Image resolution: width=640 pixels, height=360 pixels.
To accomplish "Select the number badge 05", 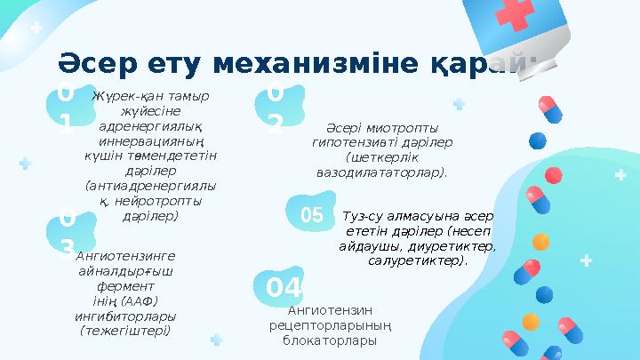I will pyautogui.click(x=311, y=215).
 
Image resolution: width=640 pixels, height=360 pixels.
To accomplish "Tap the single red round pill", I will pyautogui.click(x=535, y=140).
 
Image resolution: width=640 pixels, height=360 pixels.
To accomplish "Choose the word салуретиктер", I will pyautogui.click(x=416, y=261).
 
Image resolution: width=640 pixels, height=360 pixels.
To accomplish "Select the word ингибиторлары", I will pyautogui.click(x=125, y=316).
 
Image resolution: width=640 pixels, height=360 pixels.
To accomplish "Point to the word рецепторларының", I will pyautogui.click(x=332, y=325).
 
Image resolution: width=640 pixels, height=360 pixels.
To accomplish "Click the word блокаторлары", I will pyautogui.click(x=332, y=340).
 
